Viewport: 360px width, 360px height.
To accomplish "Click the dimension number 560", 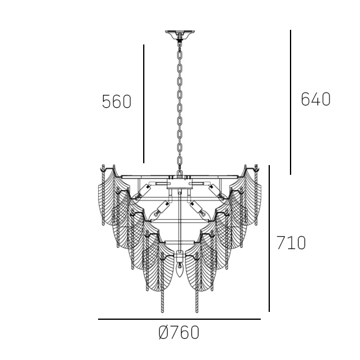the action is click(116, 102).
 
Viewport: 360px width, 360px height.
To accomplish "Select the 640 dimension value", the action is click(316, 99).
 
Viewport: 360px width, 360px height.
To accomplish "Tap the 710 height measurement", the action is click(291, 242).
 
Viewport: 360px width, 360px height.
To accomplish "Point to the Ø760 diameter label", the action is click(179, 332).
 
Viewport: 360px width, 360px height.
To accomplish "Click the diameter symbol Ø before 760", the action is click(163, 332).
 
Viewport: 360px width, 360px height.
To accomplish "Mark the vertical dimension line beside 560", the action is click(144, 104).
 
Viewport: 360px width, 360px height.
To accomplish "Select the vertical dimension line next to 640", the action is click(291, 102).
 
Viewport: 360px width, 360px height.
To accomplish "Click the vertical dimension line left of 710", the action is click(269, 238).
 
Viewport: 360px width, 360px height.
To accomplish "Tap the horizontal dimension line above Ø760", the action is click(179, 319).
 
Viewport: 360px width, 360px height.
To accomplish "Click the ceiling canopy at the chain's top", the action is click(180, 33).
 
